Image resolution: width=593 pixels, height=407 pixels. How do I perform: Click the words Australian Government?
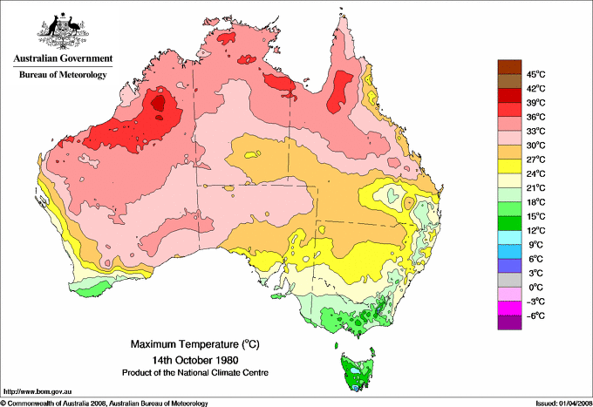[x=60, y=58]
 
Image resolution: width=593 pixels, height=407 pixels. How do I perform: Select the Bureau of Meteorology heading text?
[x=62, y=75]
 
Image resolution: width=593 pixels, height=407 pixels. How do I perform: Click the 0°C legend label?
[x=533, y=287]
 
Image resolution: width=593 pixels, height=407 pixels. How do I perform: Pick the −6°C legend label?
[x=533, y=315]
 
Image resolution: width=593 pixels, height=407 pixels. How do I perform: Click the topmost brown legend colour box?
[x=508, y=66]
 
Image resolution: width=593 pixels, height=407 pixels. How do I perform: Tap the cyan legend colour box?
[x=508, y=237]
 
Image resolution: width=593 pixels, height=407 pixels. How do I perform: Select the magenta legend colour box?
[x=508, y=308]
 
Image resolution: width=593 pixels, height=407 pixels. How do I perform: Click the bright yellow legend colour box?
[x=508, y=166]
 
